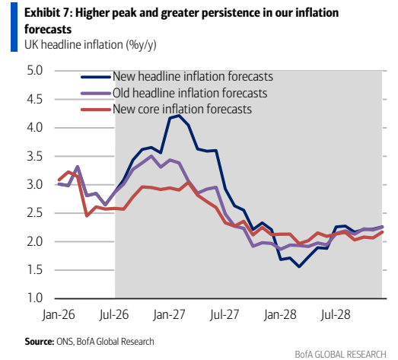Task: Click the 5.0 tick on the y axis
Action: click(x=35, y=70)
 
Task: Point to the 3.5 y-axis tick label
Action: click(x=35, y=156)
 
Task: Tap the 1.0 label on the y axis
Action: click(x=35, y=298)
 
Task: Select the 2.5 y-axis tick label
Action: click(x=35, y=213)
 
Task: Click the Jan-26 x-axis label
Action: click(x=59, y=314)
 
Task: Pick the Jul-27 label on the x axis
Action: click(x=224, y=314)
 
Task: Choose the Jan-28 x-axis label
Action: click(x=280, y=314)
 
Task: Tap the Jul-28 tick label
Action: click(x=336, y=314)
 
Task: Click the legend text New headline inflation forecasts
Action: click(x=193, y=76)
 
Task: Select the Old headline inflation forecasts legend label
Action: click(x=189, y=93)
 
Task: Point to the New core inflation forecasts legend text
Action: click(x=182, y=109)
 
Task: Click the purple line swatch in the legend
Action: click(x=96, y=93)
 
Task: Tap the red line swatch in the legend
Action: click(x=96, y=110)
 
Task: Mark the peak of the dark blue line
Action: click(x=179, y=116)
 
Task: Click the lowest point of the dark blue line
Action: click(x=299, y=266)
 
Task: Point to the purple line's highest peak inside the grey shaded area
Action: click(x=151, y=156)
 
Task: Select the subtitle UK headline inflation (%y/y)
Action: click(x=91, y=45)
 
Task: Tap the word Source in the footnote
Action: click(x=40, y=342)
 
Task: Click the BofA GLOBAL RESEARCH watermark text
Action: click(x=341, y=354)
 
